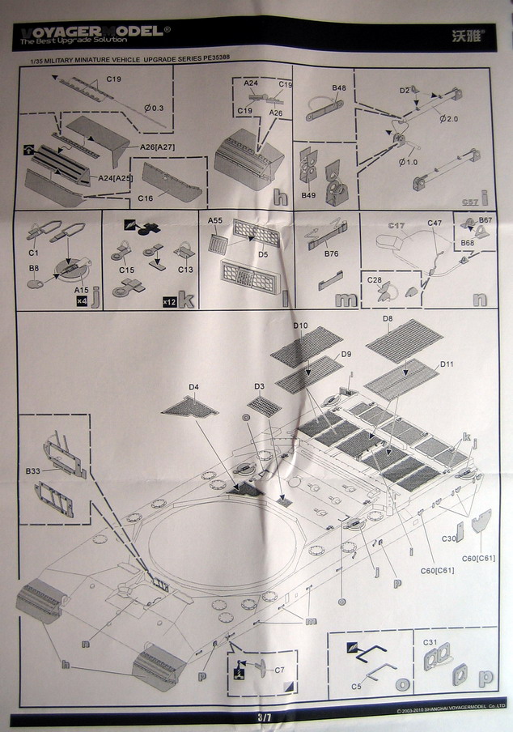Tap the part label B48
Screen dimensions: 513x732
338,87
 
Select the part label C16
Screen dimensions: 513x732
146,197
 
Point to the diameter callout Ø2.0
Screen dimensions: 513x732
450,119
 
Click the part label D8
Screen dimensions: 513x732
388,318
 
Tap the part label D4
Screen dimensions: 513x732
193,387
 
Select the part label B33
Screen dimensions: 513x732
33,470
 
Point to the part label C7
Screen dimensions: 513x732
279,670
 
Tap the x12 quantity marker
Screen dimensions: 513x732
170,302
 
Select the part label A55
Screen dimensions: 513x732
214,220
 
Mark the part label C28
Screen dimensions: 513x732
375,280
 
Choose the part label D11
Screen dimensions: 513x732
446,365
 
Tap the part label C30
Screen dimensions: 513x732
451,538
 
